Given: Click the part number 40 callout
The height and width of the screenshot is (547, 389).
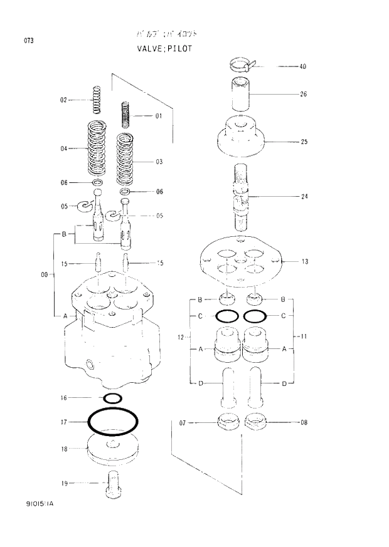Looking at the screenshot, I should click(303, 66).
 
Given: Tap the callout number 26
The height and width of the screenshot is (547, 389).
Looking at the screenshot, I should click(303, 95).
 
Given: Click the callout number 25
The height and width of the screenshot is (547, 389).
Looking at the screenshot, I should click(304, 142).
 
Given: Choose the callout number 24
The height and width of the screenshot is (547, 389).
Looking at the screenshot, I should click(304, 197).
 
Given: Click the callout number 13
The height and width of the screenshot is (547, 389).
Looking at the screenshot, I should click(304, 261).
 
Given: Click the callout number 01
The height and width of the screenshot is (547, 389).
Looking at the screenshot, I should click(159, 116).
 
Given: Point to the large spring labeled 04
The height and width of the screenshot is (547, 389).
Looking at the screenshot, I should click(97, 148).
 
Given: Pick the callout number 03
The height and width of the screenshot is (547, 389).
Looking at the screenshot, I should click(159, 162).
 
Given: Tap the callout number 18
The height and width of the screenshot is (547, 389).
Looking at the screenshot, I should click(64, 449).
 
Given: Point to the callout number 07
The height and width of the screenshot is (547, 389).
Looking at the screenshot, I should click(183, 423).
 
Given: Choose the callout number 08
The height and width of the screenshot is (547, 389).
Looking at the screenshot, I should click(304, 422).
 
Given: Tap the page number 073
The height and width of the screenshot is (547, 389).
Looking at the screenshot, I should click(29, 41).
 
